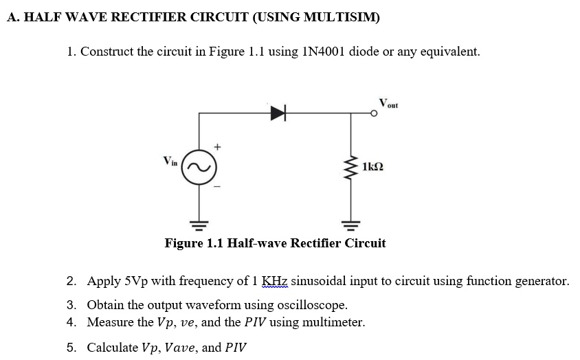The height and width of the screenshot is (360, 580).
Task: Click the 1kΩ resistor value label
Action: point(374,167)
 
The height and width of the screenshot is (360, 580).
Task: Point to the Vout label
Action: point(388,104)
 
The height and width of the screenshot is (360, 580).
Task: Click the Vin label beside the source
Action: point(170,161)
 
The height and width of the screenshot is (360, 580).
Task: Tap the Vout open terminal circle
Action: point(375,115)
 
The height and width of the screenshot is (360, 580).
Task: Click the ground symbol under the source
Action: point(200,223)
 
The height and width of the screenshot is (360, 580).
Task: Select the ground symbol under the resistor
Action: point(352,223)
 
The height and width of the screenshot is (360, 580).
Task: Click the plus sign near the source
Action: point(217,146)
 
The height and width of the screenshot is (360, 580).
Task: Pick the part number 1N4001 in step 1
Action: point(322,52)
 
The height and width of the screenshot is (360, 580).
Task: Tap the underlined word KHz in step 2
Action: point(274,281)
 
